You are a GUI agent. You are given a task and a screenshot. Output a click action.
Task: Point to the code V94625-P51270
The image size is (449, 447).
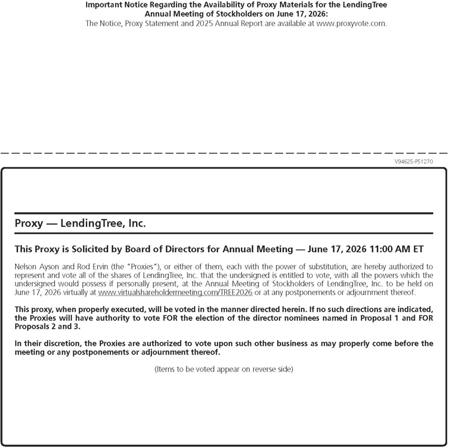(x=414, y=162)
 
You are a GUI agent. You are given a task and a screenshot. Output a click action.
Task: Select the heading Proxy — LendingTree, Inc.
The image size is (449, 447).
(x=80, y=223)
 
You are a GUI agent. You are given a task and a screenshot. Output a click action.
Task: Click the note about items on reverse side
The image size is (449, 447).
(x=224, y=369)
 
